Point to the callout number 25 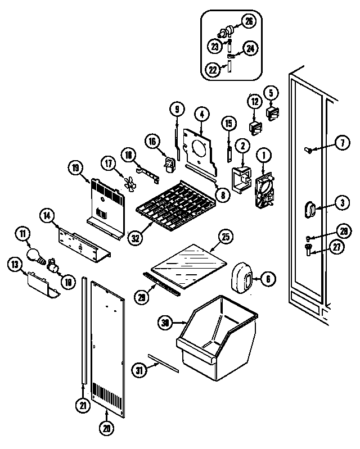[225, 237]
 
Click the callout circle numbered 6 [267, 278]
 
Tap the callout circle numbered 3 [342, 202]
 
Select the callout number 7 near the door [342, 143]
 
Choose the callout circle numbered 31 [139, 370]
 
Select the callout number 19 [76, 167]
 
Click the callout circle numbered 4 [201, 114]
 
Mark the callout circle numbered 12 [254, 102]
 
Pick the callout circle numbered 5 [270, 92]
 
